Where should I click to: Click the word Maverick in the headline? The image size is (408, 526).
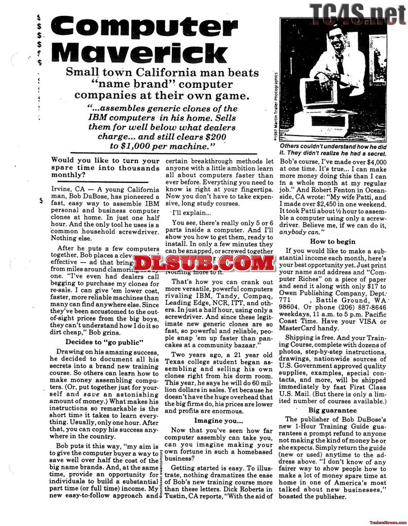[139, 53]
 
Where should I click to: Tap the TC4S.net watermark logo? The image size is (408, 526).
[357, 11]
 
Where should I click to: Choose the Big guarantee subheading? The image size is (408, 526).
[332, 410]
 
